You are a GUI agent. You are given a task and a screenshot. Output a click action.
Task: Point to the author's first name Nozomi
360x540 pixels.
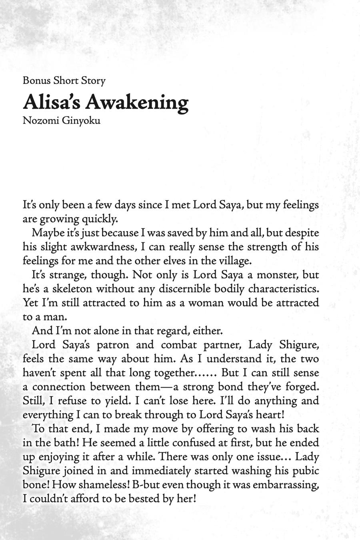click(x=39, y=120)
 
